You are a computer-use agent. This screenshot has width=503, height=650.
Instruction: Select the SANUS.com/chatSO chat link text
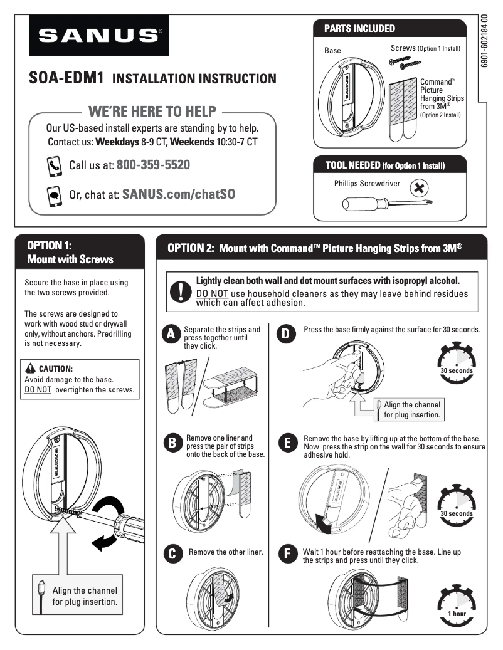coord(179,194)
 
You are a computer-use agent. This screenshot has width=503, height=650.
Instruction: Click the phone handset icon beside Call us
coord(54,165)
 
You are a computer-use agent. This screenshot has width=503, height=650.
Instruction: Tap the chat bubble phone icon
coord(54,195)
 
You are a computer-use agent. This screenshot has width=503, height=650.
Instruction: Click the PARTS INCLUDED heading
coord(359,28)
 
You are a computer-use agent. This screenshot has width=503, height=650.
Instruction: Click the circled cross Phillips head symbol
coord(419,187)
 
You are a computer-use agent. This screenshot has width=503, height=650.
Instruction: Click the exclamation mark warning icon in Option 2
coord(181,291)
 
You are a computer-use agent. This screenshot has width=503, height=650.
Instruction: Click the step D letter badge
coord(285,335)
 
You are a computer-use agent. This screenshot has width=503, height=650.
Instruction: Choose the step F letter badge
coord(287,554)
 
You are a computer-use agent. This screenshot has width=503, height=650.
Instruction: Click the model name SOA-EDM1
coord(66,78)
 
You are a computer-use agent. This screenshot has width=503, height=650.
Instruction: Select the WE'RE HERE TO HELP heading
coord(152,112)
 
